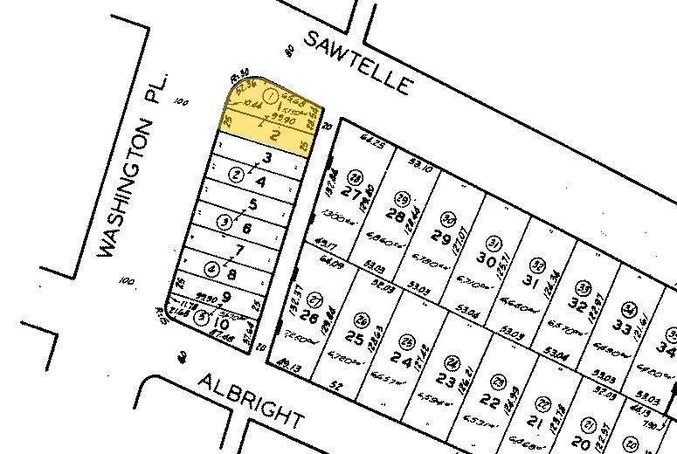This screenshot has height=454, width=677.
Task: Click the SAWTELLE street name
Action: tap(358, 60)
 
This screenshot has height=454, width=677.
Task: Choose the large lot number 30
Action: tap(486, 259)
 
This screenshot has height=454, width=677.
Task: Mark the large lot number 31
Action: tap(530, 281)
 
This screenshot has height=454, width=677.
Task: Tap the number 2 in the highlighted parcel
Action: tap(273, 135)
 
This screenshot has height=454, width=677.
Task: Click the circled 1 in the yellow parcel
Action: tap(271, 94)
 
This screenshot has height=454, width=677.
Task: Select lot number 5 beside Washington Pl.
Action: tap(254, 205)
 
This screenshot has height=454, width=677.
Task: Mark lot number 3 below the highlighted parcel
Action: tap(268, 158)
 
